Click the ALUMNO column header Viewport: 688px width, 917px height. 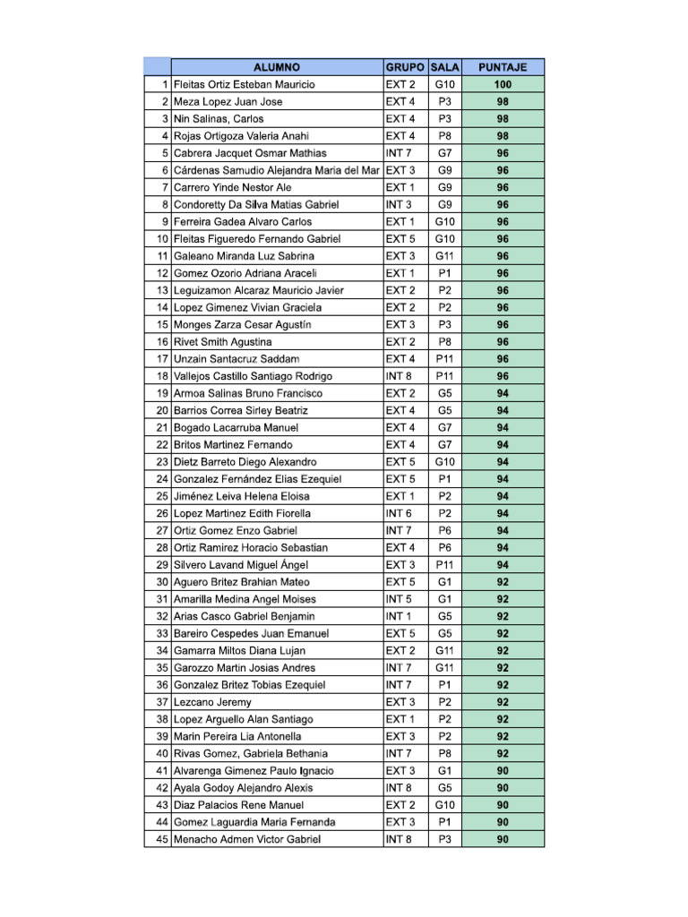276,67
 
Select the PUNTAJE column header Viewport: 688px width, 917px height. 503,67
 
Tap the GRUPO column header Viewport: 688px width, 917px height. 405,67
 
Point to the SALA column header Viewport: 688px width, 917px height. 444,67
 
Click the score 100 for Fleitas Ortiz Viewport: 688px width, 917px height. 503,85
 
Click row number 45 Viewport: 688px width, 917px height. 162,839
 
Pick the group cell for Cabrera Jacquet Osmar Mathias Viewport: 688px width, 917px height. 400,153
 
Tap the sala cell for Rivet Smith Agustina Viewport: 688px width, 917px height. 444,342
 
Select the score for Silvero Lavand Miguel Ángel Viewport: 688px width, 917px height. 503,565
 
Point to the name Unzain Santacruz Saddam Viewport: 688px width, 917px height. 230,359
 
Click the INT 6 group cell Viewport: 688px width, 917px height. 400,513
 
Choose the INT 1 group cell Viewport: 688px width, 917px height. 400,616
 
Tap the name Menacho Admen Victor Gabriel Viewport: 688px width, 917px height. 246,839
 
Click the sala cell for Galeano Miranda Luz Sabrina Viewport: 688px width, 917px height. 444,256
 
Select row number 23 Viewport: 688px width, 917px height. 162,462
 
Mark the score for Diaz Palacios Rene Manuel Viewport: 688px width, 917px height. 503,805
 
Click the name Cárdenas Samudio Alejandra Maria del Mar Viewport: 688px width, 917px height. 276,170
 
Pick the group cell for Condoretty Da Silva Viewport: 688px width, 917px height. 400,205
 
